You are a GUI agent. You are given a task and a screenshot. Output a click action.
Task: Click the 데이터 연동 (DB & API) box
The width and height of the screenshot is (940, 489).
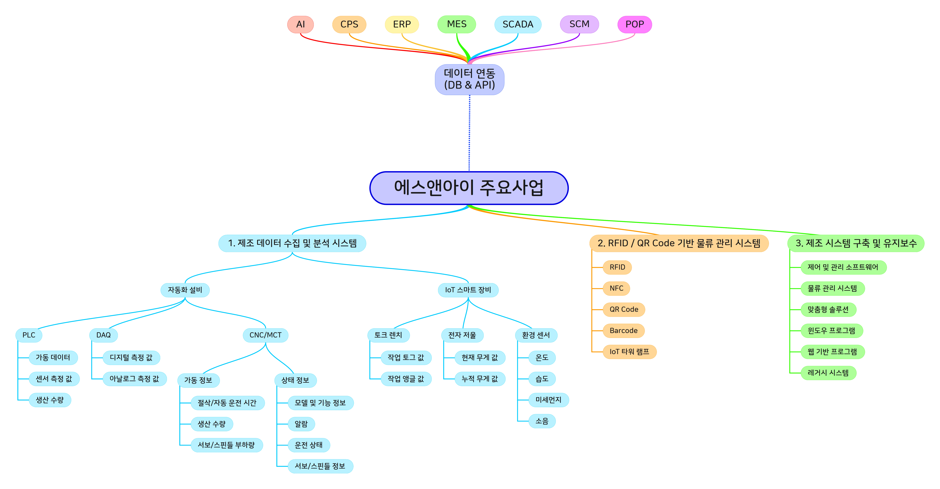coord(469,79)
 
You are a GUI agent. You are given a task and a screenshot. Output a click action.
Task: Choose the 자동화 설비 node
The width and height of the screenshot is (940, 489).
coord(185,290)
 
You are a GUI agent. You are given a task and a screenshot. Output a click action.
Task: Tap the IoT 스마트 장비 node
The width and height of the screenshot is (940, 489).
coord(468,290)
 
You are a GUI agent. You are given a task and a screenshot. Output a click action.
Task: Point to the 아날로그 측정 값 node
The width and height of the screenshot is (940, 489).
coord(134,379)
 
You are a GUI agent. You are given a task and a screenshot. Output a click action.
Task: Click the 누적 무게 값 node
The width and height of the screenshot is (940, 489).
coord(480,379)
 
